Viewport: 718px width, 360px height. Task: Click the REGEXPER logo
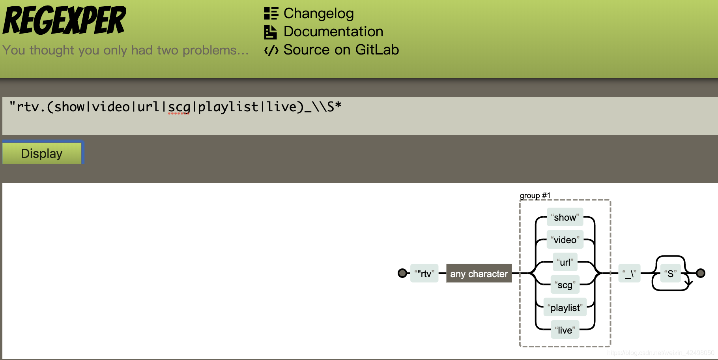pyautogui.click(x=64, y=21)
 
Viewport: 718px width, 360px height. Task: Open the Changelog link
pyautogui.click(x=318, y=13)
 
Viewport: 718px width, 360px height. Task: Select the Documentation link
pyautogui.click(x=333, y=32)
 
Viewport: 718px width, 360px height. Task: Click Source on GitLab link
pyautogui.click(x=341, y=50)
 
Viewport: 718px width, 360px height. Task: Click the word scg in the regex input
pyautogui.click(x=179, y=107)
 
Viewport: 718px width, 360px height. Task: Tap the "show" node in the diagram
pyautogui.click(x=565, y=217)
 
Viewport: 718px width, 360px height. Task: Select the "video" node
pyautogui.click(x=565, y=240)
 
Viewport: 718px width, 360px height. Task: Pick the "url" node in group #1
pyautogui.click(x=565, y=262)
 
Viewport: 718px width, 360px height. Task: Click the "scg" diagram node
pyautogui.click(x=565, y=285)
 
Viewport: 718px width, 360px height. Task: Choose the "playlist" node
pyautogui.click(x=565, y=307)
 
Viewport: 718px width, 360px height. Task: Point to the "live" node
pyautogui.click(x=565, y=330)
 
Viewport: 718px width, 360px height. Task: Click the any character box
pyautogui.click(x=479, y=274)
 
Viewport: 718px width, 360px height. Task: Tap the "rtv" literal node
pyautogui.click(x=424, y=274)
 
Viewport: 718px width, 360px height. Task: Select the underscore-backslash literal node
pyautogui.click(x=629, y=274)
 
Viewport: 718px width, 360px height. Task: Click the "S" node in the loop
pyautogui.click(x=670, y=274)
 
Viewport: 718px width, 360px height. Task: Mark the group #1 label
pyautogui.click(x=535, y=195)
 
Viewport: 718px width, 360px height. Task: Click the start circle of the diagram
pyautogui.click(x=402, y=273)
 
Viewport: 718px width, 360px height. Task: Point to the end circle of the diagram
pyautogui.click(x=701, y=273)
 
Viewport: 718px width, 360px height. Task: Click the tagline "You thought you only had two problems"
pyautogui.click(x=125, y=50)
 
